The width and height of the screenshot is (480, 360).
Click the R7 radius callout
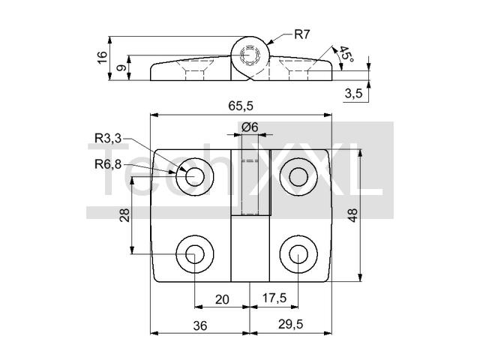pos(302,34)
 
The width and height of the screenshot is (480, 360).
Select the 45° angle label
pos(345,55)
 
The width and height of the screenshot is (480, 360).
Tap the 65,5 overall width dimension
pos(240,106)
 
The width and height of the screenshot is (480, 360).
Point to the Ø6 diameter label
pos(250,127)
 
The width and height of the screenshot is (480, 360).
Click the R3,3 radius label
pos(108,138)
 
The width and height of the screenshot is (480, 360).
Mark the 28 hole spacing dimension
pos(124,215)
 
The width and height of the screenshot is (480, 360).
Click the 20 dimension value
pos(222,299)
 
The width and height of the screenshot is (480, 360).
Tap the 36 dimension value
pos(199,325)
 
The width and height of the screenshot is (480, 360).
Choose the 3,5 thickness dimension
pos(354,94)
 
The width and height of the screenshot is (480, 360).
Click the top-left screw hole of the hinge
pos(194,177)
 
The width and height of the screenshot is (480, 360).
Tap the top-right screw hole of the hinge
pos(298,177)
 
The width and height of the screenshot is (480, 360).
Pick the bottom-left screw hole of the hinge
pos(194,256)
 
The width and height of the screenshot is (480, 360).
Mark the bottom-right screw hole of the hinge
pos(298,256)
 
